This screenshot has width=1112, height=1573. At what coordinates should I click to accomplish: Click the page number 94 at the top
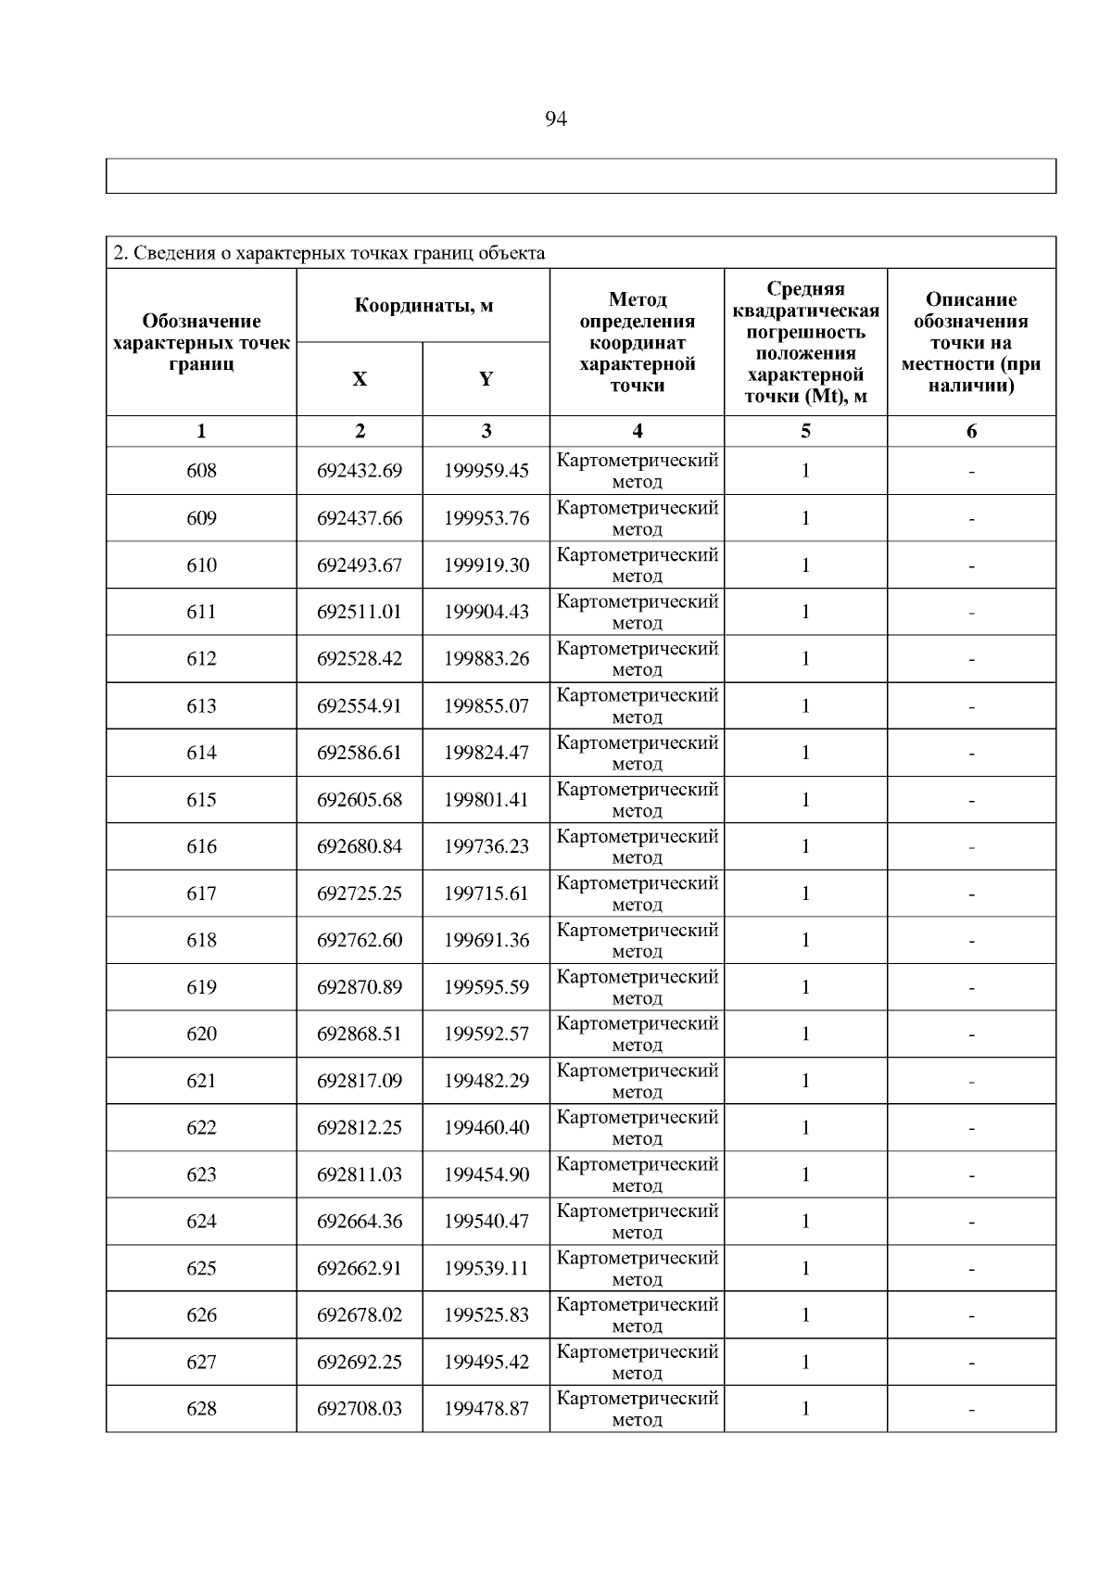click(x=556, y=120)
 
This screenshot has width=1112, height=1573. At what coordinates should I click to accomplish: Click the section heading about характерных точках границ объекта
click(x=329, y=253)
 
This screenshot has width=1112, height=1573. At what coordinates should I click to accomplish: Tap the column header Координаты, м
click(x=423, y=306)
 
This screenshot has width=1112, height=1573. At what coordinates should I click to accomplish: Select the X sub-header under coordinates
click(x=360, y=379)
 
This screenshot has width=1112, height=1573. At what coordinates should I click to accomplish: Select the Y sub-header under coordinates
click(x=486, y=379)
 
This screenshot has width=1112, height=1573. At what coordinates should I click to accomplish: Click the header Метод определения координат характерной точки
click(x=637, y=342)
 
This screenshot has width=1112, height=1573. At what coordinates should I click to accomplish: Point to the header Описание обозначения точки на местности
click(x=971, y=342)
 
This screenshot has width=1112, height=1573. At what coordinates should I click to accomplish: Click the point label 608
click(x=201, y=471)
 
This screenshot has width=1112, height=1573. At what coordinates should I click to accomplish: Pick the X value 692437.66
click(x=360, y=518)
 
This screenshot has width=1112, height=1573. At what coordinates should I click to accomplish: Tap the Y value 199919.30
click(x=486, y=565)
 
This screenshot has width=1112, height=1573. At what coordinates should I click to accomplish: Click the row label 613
click(x=201, y=706)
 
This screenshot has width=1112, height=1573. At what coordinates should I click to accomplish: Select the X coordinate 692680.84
click(x=360, y=846)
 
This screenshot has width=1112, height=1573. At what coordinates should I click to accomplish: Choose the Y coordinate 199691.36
click(x=486, y=940)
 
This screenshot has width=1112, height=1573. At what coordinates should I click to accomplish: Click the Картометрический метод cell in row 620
click(x=637, y=1034)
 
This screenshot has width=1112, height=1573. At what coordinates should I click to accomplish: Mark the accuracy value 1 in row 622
click(x=805, y=1128)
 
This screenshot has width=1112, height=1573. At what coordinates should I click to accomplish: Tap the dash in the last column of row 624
click(x=971, y=1223)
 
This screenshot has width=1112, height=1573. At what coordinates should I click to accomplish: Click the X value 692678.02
click(x=360, y=1315)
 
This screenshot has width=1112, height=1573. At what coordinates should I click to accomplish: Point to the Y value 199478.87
click(x=486, y=1409)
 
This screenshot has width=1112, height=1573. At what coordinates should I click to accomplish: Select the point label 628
click(x=201, y=1409)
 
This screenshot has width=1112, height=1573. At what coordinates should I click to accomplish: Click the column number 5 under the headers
click(x=805, y=431)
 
